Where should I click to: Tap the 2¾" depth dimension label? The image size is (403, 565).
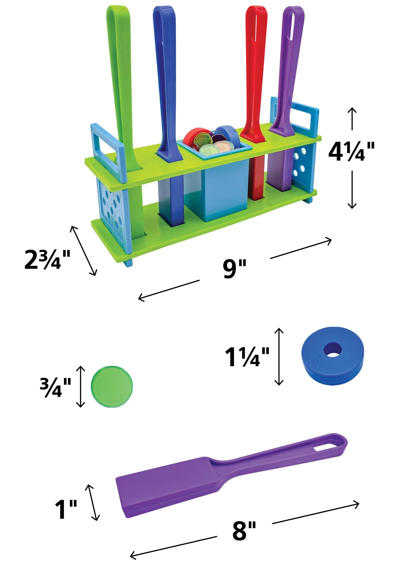click(47, 260)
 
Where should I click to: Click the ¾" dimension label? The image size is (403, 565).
click(55, 387)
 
